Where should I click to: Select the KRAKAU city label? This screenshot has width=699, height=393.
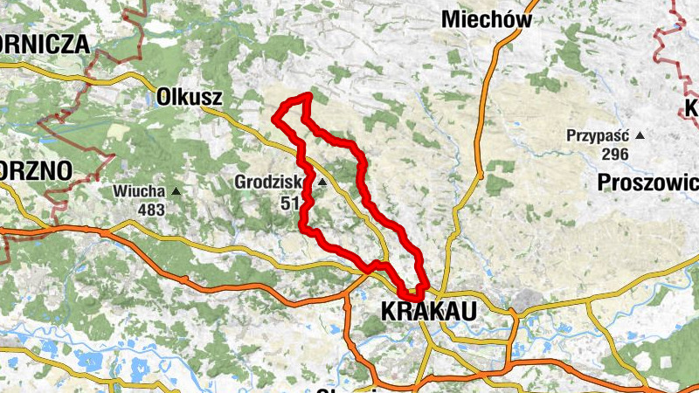(428, 310)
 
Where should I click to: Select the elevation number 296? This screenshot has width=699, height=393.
(615, 154)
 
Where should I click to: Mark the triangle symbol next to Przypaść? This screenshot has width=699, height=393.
(640, 135)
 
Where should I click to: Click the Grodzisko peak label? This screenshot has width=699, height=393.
(268, 183)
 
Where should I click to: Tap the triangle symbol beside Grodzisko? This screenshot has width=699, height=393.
(322, 183)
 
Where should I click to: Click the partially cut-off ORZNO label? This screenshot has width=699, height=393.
(35, 170)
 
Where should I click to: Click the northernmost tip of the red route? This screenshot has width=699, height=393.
(308, 94)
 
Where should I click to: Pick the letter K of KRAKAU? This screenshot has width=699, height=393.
(389, 310)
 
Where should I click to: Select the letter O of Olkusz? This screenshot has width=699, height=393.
(163, 97)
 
